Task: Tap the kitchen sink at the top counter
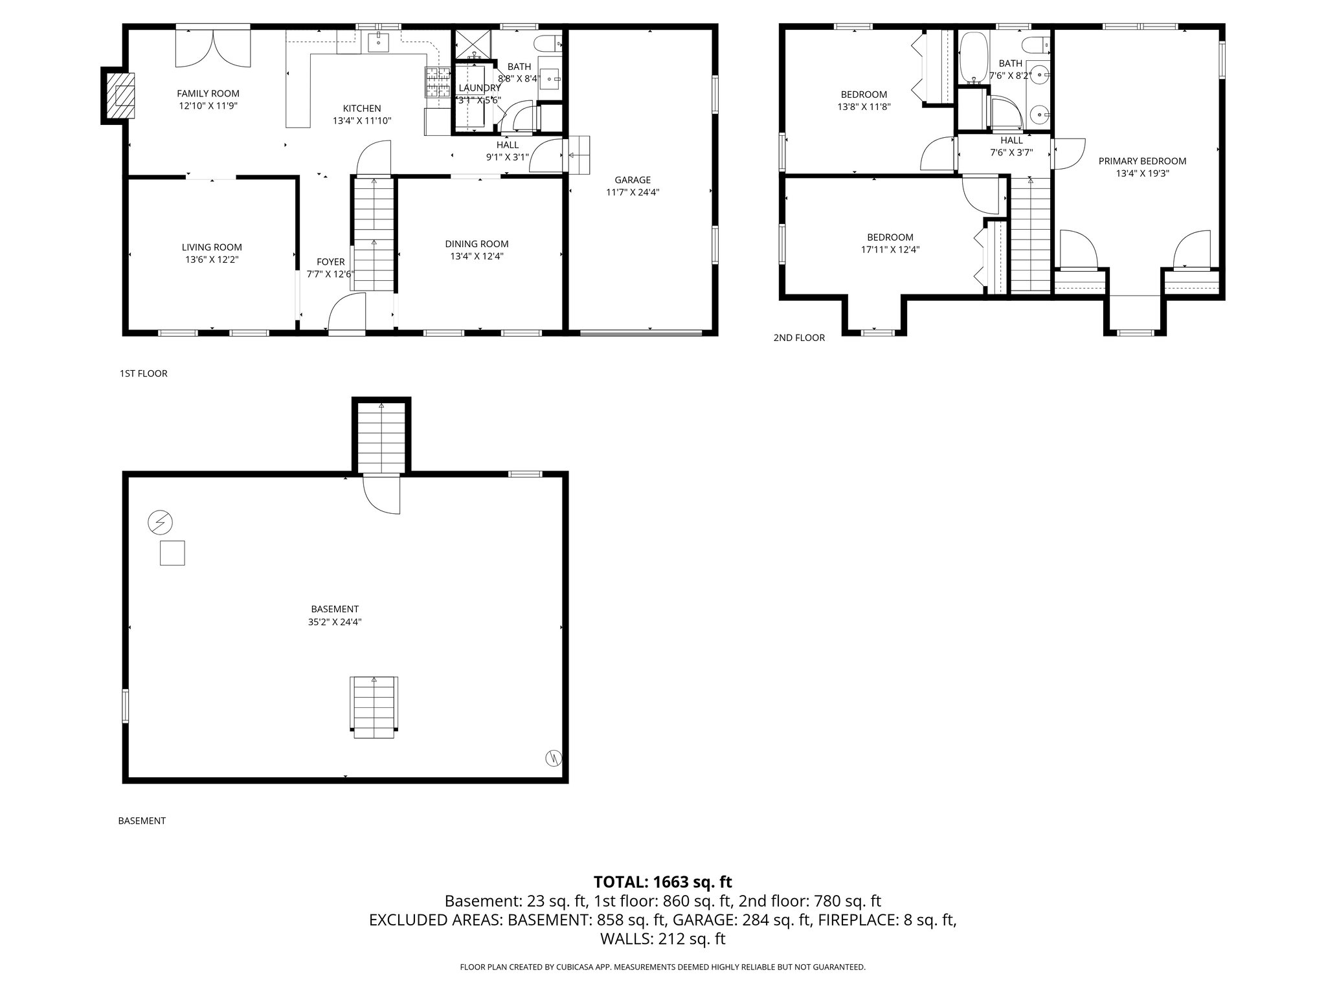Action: [378, 43]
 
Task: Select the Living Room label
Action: [212, 247]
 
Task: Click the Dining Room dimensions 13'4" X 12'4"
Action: [477, 256]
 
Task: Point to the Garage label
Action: [633, 180]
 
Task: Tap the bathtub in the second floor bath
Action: [972, 58]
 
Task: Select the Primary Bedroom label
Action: [1142, 161]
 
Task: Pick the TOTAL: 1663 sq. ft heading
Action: [662, 881]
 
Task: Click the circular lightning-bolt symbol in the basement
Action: [160, 522]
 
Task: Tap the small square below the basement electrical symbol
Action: [172, 553]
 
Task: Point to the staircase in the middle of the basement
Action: [374, 706]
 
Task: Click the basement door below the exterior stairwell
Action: [382, 494]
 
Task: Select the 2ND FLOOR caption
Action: [799, 338]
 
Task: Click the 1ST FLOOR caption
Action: [143, 373]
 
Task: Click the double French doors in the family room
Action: [213, 47]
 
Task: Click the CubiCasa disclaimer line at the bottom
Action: [662, 967]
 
